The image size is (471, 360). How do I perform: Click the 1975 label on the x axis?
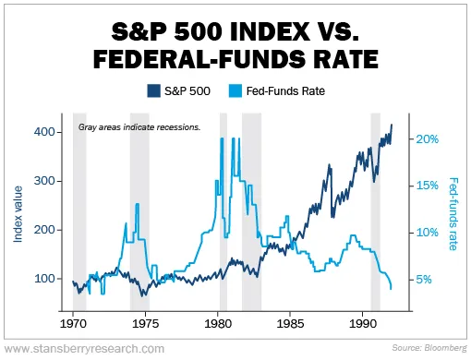(145, 324)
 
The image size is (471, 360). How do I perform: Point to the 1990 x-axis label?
(363, 324)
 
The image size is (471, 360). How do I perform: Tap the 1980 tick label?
(218, 324)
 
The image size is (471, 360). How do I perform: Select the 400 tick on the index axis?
(44, 132)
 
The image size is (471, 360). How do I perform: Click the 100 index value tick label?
(44, 279)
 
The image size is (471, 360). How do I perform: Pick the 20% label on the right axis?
(428, 139)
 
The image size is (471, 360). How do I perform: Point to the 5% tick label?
(424, 280)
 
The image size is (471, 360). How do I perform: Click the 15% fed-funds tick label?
(428, 186)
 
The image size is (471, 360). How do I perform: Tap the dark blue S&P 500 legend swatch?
(153, 90)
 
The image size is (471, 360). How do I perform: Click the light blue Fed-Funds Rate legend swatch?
(235, 90)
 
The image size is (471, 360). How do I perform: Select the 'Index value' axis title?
(18, 214)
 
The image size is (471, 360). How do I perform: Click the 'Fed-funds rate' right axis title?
(453, 214)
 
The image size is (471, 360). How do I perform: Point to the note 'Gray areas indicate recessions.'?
(139, 127)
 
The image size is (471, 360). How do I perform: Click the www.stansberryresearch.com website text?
(85, 349)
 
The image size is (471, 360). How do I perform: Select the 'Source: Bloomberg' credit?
(429, 348)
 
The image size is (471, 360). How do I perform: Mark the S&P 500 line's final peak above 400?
(392, 125)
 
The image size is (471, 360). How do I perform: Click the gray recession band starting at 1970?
(79, 212)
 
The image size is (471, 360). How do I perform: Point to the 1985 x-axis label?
(290, 324)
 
